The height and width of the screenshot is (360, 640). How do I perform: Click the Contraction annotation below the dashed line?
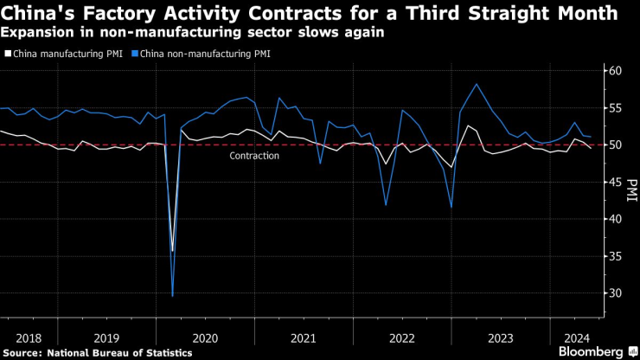coord(254,156)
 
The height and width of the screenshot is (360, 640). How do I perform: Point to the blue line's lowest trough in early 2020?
coord(172,296)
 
